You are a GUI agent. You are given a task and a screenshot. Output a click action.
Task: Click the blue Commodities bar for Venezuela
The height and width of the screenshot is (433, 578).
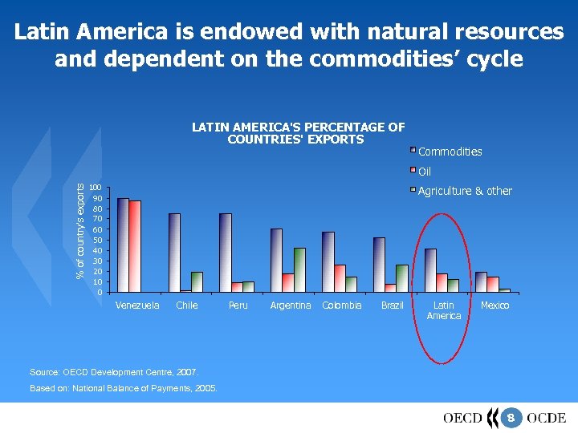coord(122,245)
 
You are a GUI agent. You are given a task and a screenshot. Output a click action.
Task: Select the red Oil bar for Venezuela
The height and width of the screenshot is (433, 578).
coord(134,246)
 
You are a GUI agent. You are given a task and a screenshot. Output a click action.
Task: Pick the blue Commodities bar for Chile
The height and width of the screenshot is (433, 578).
coord(174,253)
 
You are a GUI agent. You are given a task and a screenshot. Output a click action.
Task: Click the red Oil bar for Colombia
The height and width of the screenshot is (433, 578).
coord(340,278)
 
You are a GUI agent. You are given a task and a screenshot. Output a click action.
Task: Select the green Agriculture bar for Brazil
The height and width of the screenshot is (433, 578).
coord(401,278)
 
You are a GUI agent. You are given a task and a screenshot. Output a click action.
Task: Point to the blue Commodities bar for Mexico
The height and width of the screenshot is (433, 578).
coord(481,282)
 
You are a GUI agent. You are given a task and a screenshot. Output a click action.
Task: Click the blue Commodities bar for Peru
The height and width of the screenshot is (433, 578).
coord(225,253)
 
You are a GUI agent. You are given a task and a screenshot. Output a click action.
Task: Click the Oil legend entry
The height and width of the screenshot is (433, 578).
coord(424,172)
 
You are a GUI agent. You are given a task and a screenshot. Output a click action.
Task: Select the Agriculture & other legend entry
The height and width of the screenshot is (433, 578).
coord(464,191)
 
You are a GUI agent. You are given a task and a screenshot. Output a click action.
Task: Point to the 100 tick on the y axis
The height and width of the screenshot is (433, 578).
coord(95,188)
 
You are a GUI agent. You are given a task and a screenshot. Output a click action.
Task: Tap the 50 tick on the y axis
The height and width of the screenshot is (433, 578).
coord(96,240)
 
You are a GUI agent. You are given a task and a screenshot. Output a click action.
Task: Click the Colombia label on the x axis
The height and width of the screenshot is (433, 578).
coord(342,306)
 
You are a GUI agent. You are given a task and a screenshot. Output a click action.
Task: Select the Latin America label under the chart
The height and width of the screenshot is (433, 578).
coord(443,310)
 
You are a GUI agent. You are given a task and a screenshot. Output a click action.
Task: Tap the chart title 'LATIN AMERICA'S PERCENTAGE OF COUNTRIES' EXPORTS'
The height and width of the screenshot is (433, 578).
coord(298,133)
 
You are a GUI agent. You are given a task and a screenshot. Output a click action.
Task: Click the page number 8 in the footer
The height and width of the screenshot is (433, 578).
coord(511,418)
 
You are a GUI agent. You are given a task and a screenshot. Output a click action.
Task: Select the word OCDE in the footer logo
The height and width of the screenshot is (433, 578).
coord(546,418)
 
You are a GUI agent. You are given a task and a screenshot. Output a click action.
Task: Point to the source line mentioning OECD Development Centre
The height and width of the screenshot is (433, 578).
coord(113,372)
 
